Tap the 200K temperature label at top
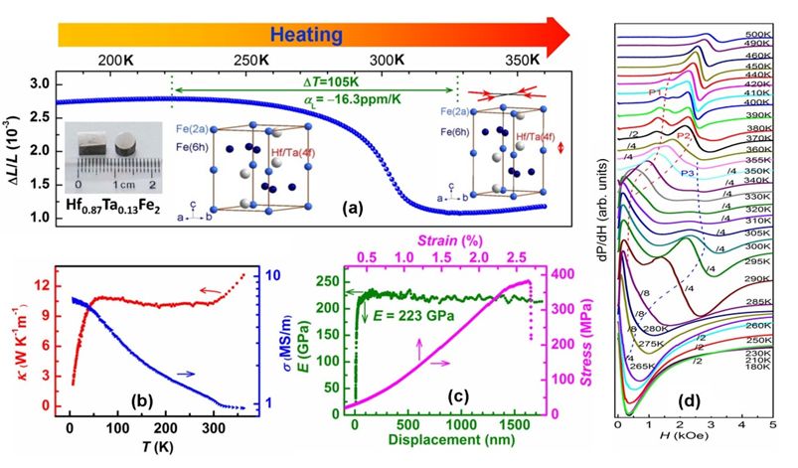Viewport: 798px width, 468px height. [116, 61]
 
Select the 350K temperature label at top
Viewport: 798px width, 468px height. [534, 61]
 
